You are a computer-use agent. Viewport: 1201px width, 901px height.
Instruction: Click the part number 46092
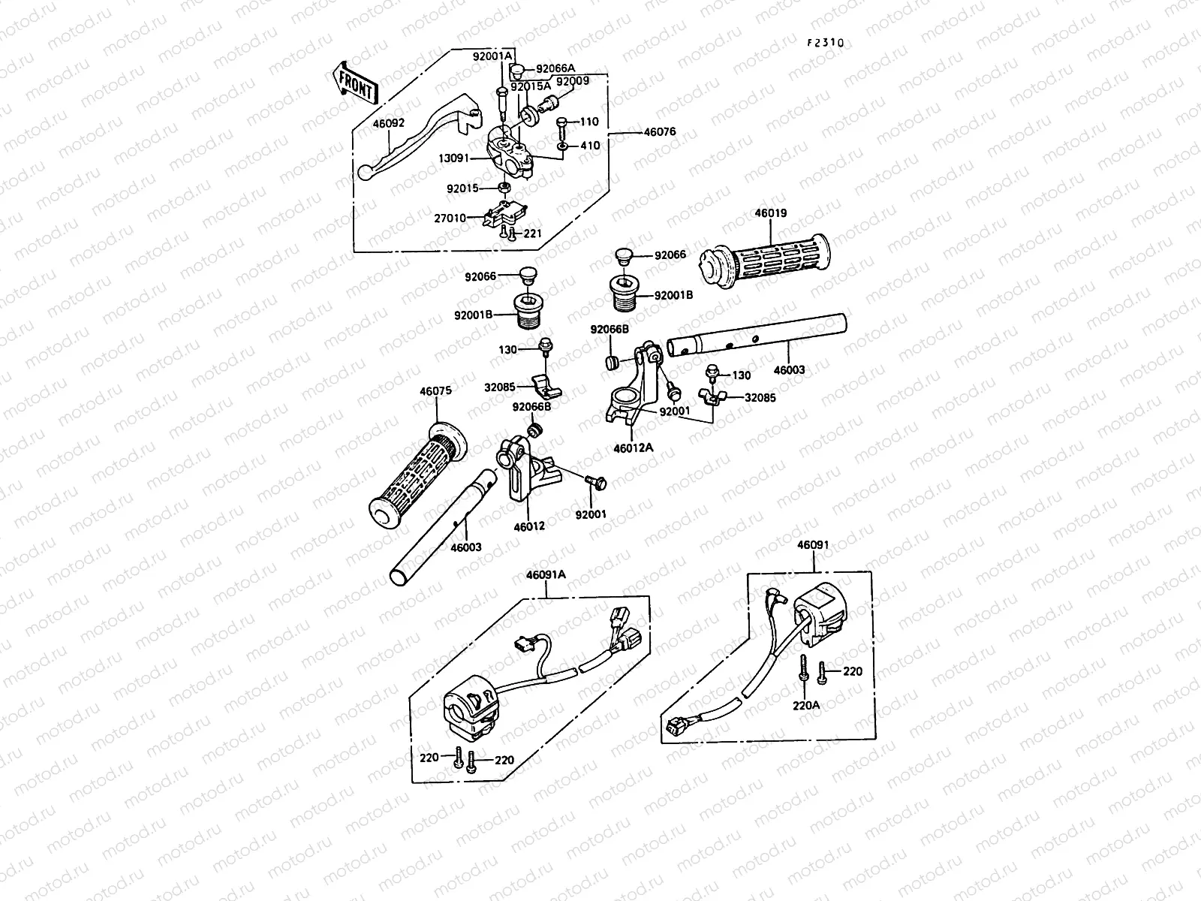[389, 123]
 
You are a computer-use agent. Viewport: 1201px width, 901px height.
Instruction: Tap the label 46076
[660, 132]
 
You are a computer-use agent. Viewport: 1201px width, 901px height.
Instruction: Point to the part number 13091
[453, 158]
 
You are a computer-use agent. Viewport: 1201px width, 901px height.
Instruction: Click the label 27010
[450, 218]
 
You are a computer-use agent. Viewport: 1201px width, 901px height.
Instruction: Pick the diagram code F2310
[826, 43]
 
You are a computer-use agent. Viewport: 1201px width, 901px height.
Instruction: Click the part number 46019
[771, 213]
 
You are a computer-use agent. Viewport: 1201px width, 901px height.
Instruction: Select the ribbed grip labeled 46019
[764, 260]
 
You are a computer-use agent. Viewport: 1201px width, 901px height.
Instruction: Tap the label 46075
[435, 391]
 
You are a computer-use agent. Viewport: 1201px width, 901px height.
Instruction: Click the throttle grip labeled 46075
[418, 475]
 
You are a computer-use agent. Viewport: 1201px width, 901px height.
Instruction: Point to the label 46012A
[633, 448]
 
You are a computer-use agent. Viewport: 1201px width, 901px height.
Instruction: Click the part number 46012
[529, 527]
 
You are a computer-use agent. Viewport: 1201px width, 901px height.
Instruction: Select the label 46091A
[546, 575]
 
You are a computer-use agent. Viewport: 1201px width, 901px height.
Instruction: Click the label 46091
[813, 545]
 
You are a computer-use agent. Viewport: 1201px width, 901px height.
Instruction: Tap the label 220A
[806, 706]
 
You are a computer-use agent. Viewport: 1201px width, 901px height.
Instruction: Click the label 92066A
[555, 69]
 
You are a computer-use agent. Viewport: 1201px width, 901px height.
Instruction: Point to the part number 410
[590, 146]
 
